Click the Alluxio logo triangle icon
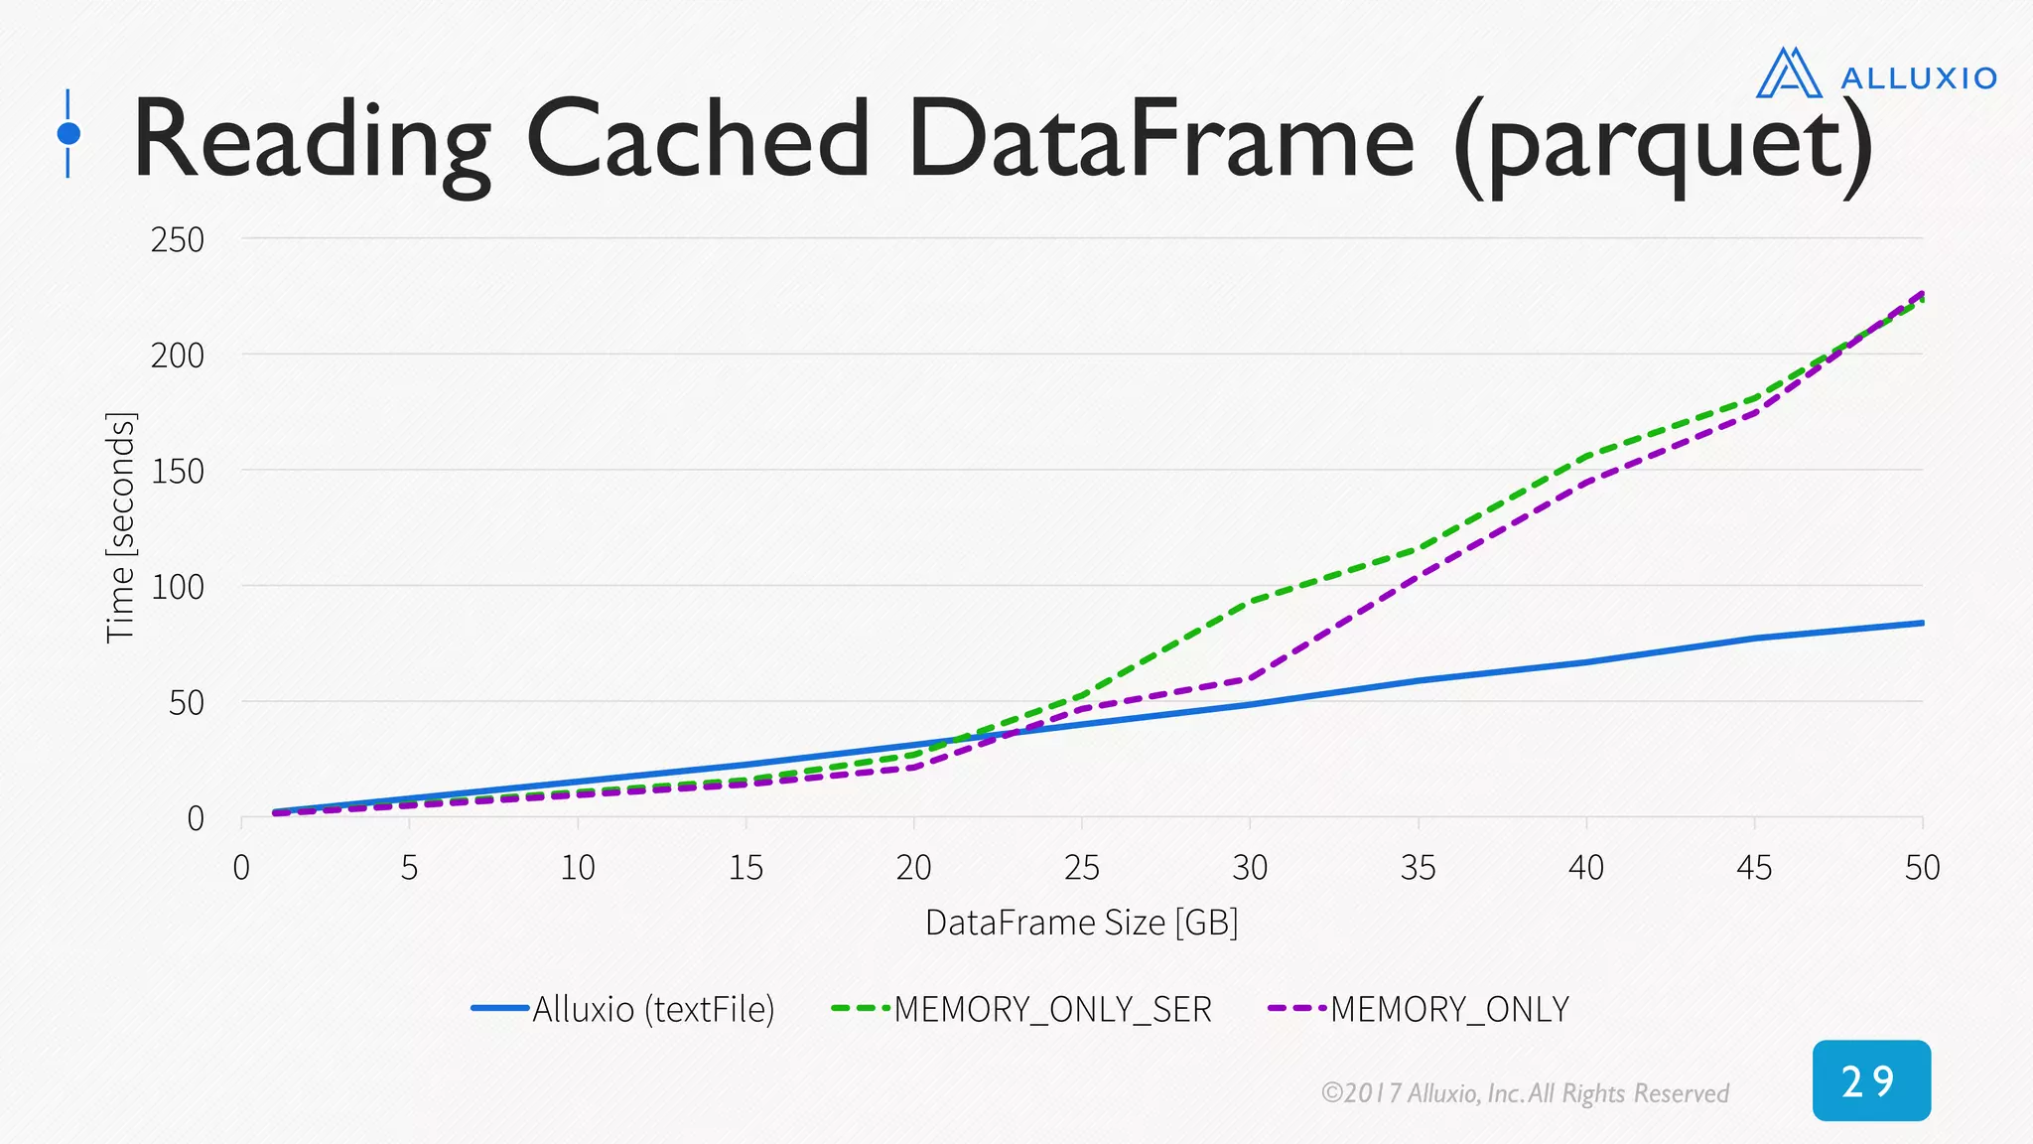click(x=1789, y=73)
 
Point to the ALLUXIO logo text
click(x=1918, y=78)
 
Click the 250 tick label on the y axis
click(x=178, y=239)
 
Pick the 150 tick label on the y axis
click(x=178, y=471)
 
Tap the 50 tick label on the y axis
click(x=187, y=703)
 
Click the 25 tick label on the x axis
click(x=1082, y=868)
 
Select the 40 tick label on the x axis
click(x=1586, y=868)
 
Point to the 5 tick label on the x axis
click(x=409, y=868)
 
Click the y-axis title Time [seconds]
click(x=121, y=527)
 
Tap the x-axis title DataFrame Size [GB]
click(x=1082, y=923)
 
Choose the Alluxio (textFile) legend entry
click(x=623, y=1009)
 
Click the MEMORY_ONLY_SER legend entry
click(x=1022, y=1009)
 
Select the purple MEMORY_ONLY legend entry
click(x=1420, y=1009)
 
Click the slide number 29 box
click(x=1871, y=1080)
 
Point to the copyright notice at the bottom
click(x=1525, y=1093)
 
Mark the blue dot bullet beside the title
click(x=68, y=133)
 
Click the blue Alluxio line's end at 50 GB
click(x=1922, y=623)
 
